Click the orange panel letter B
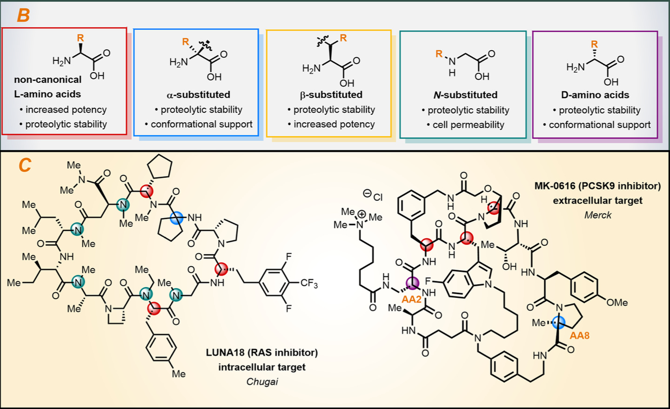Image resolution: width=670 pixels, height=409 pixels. click(23, 15)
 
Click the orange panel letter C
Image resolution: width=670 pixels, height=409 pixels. click(25, 165)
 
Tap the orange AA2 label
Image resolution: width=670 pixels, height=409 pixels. click(411, 299)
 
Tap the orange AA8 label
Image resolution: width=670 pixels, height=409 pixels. click(579, 335)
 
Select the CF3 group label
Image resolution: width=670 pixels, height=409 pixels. click(309, 283)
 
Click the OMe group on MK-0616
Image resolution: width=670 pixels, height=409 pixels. click(617, 303)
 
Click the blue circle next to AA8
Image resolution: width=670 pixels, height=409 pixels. click(558, 322)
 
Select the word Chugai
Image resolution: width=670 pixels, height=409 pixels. click(262, 382)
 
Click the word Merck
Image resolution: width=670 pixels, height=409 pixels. click(598, 215)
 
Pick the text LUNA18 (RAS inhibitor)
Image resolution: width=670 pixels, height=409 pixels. click(261, 353)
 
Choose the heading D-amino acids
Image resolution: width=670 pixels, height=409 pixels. click(595, 95)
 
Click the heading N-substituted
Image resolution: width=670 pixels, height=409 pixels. click(465, 95)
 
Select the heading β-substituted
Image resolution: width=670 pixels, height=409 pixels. click(331, 95)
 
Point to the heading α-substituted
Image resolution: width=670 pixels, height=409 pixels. click(198, 95)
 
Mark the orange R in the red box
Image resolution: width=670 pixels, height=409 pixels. click(80, 38)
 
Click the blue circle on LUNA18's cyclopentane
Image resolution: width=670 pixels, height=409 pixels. click(176, 218)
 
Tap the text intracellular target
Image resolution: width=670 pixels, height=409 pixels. click(262, 367)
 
